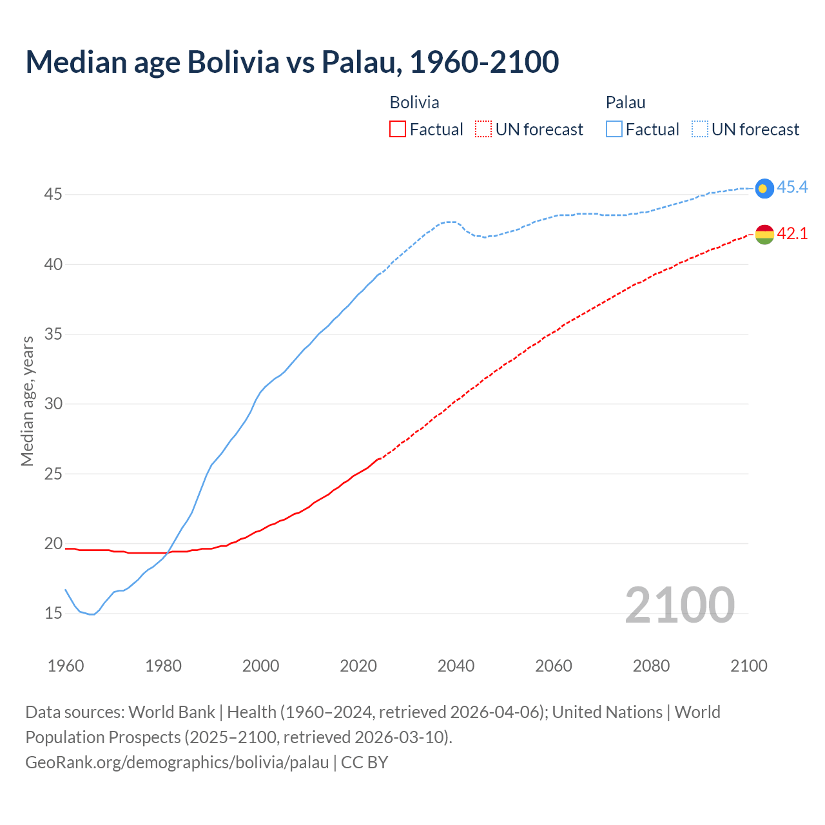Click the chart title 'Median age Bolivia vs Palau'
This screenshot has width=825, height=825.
[x=292, y=62]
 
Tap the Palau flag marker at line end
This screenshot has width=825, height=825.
[x=764, y=188]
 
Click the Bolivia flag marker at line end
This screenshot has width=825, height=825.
[x=764, y=235]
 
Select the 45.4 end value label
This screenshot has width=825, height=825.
[x=792, y=188]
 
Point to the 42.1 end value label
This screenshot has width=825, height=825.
[x=792, y=234]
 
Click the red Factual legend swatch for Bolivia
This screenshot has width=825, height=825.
[x=398, y=130]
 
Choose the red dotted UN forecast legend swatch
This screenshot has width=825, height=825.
[x=483, y=130]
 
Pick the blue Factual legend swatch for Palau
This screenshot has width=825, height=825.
[x=614, y=130]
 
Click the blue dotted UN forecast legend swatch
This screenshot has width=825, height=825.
[x=699, y=130]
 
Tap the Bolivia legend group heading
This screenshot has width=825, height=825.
[x=414, y=102]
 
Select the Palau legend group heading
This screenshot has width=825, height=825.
[x=625, y=102]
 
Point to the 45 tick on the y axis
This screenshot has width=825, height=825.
[x=53, y=194]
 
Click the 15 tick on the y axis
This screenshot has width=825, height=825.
[x=53, y=613]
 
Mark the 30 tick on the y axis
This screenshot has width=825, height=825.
[x=53, y=403]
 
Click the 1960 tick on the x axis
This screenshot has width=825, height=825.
[x=66, y=666]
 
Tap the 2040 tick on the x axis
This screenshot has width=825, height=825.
[x=456, y=666]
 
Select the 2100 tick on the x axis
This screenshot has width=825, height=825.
[x=749, y=666]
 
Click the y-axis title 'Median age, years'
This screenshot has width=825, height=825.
[x=28, y=401]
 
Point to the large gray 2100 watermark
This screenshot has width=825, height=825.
[x=679, y=605]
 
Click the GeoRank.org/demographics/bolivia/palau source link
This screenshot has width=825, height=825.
[x=177, y=762]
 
